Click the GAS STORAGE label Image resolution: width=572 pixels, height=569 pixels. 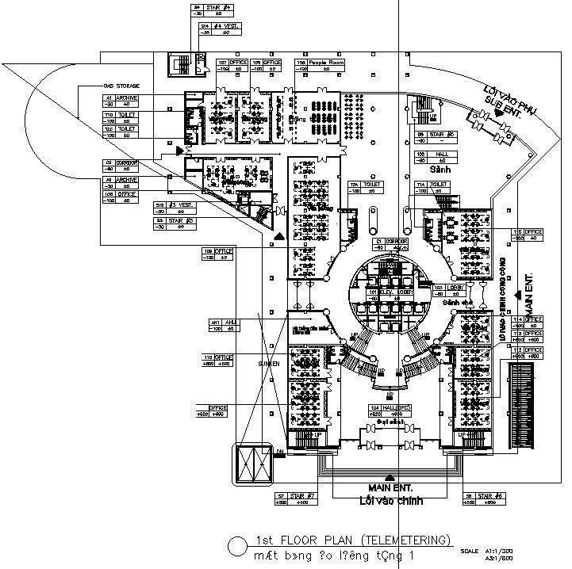tap(121, 85)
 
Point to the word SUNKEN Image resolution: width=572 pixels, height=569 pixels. tap(269, 362)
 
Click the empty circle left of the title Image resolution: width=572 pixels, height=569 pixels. tap(236, 546)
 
